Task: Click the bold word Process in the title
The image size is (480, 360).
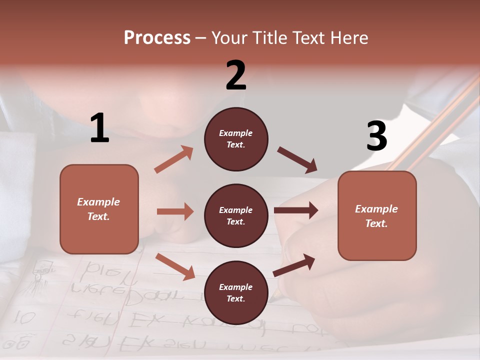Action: [157, 38]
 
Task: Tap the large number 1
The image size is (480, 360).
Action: [99, 128]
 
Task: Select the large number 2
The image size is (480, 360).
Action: [236, 75]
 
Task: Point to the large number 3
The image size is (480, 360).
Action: [376, 136]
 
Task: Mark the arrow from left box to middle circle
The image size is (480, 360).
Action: [175, 211]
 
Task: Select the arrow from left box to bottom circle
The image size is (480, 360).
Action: [175, 266]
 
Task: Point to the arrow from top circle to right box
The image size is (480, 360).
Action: [297, 160]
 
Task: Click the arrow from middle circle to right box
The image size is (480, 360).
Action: [296, 210]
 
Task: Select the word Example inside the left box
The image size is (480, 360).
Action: [98, 202]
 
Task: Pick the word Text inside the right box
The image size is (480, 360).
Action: [376, 223]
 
